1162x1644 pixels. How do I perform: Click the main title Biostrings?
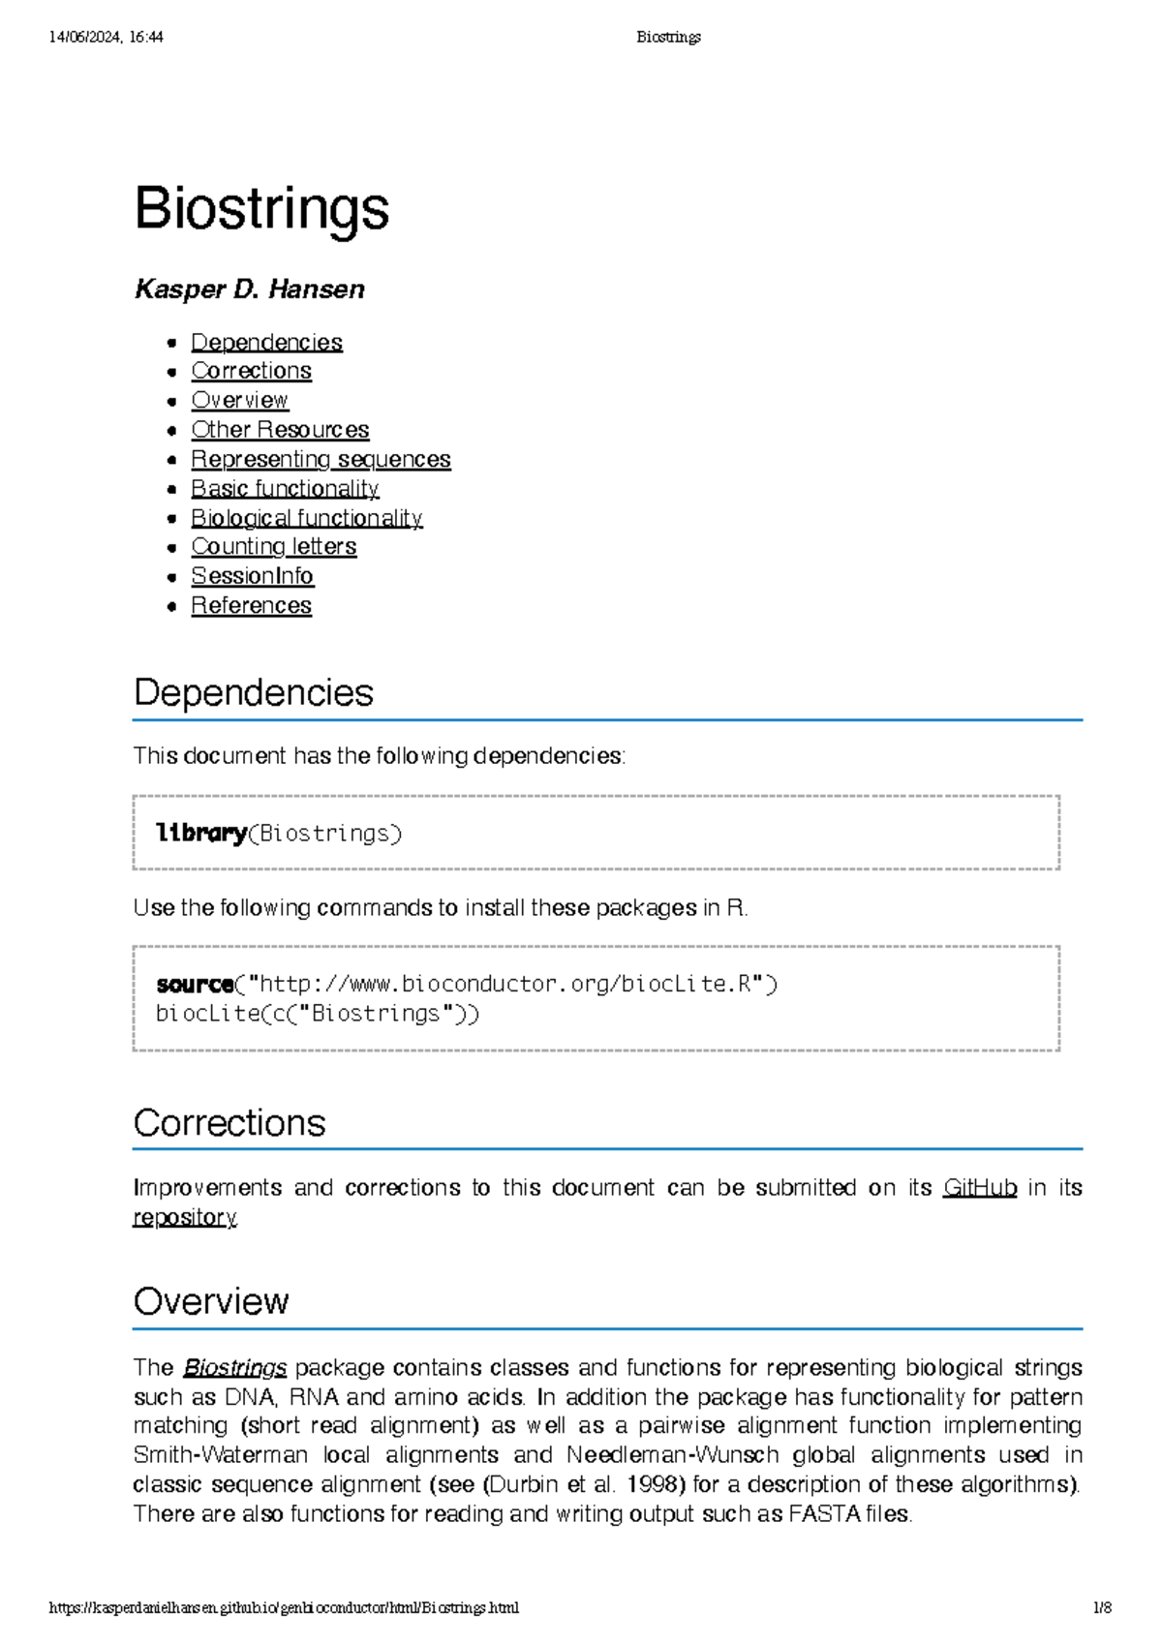pos(261,209)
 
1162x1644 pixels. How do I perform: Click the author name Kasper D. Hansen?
pos(250,289)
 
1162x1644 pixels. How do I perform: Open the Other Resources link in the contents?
pos(280,430)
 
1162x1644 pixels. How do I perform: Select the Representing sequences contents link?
pos(321,459)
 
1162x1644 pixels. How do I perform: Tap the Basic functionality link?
pos(285,489)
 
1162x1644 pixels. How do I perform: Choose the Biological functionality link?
pos(306,518)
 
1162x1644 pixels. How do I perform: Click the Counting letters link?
pos(273,547)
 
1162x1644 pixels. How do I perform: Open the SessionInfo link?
pos(252,576)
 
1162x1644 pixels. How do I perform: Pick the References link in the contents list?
pos(251,606)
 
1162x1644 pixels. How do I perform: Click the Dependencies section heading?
pos(254,693)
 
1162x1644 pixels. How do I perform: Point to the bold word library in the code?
pos(201,834)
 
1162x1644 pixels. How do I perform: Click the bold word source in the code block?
pos(195,985)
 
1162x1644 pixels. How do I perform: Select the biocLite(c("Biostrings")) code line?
pos(318,1014)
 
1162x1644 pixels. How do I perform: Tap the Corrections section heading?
pos(229,1123)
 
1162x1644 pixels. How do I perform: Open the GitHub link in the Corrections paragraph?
pos(980,1188)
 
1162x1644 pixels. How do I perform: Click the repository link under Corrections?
pos(184,1217)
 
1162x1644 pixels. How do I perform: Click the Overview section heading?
pos(211,1302)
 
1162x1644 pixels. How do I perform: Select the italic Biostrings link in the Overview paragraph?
pos(235,1368)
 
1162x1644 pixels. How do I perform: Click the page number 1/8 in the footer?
pos(1102,1608)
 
